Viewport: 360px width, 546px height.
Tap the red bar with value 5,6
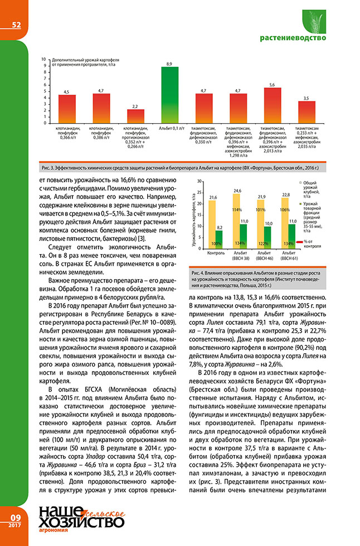coord(272,105)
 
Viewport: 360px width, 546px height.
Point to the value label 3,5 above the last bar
coord(307,98)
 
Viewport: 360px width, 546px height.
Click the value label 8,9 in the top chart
coord(169,64)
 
